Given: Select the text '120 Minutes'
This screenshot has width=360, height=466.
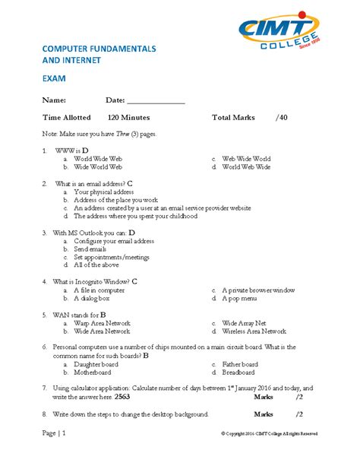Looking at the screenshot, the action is [128, 118].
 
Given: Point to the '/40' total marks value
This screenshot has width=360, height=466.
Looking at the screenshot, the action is [282, 118].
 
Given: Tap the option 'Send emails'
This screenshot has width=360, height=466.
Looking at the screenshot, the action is [90, 249].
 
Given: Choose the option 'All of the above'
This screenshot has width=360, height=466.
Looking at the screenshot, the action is [96, 265].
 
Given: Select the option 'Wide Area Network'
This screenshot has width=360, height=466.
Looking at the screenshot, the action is [102, 331].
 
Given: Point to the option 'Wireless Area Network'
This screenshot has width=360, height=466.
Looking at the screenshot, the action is [254, 331].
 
